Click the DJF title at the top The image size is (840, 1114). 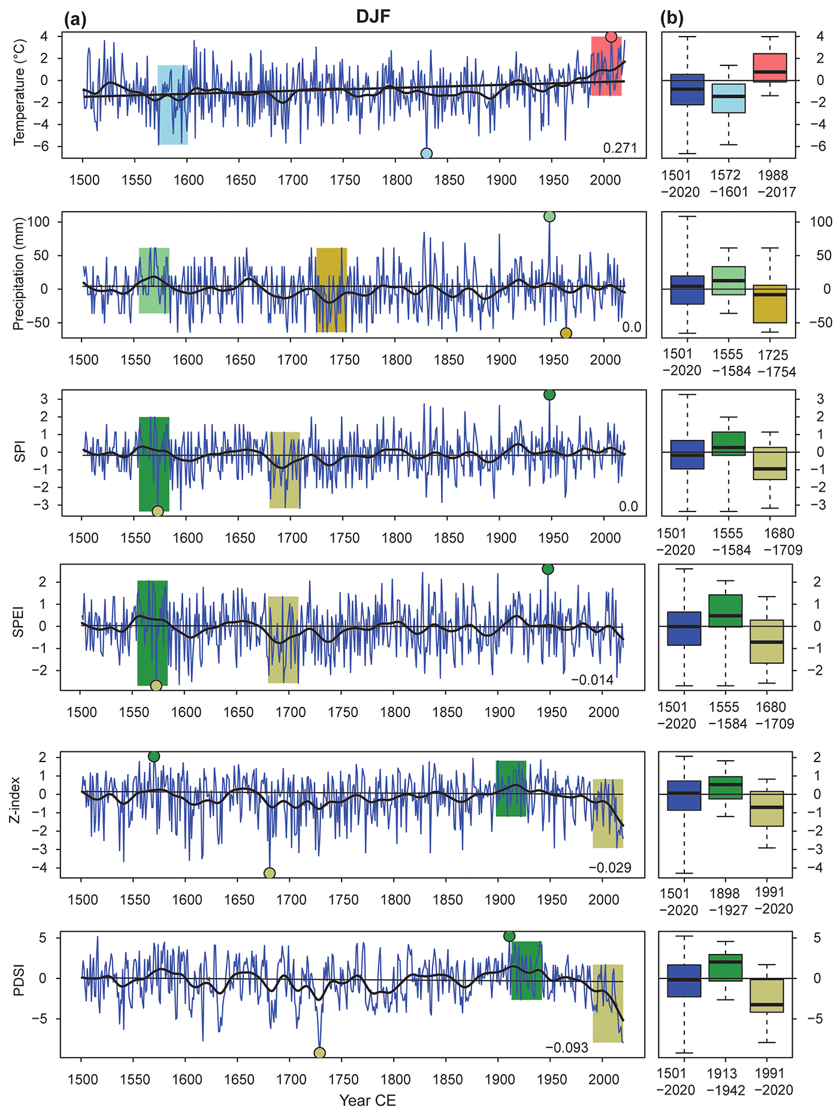coord(373,16)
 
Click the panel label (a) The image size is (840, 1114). coord(75,19)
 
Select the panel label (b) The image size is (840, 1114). coord(672,19)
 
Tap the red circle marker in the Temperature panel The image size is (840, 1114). coord(611,37)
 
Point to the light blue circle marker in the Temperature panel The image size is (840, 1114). coord(427,153)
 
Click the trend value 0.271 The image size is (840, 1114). coord(620,148)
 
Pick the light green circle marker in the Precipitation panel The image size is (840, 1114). coord(549,216)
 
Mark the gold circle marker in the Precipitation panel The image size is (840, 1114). coord(566,333)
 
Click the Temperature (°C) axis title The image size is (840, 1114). coord(19,92)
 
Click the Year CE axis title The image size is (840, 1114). coord(367,1101)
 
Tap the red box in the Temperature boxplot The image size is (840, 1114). coord(770,68)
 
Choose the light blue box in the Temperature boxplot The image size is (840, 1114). coord(729,98)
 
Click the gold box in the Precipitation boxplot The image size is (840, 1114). coord(770,304)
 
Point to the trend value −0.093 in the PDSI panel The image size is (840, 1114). coord(566,1047)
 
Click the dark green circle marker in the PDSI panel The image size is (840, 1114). coord(509,937)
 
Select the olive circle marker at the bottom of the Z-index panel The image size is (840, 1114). coord(270,873)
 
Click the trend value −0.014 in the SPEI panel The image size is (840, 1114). coord(592,680)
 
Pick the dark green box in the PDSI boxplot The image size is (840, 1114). coord(725,968)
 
